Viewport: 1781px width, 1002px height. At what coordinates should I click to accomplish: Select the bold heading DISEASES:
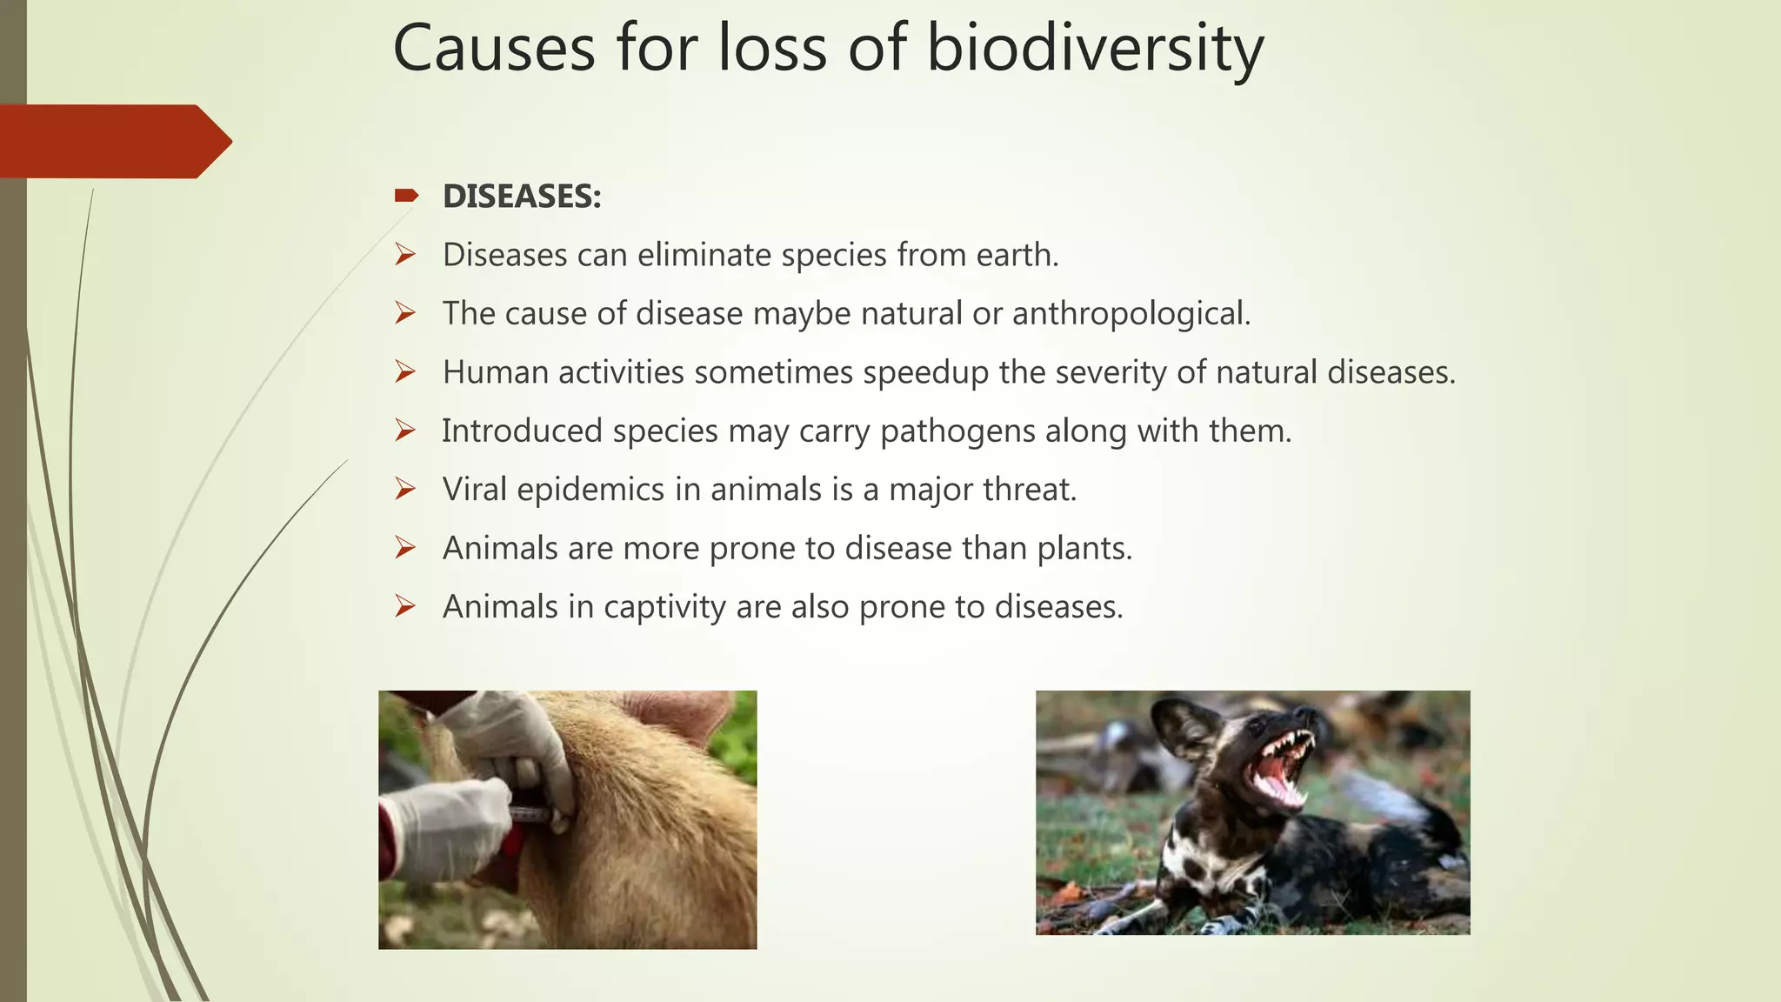coord(522,197)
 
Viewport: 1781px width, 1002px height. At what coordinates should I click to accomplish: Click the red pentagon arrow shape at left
coord(113,141)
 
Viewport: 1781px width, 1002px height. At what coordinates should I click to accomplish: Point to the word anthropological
coord(1131,314)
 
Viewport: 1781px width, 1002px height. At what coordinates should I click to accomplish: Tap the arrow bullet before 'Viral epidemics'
coord(405,489)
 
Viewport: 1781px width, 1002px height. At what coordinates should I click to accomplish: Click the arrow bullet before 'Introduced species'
coord(405,431)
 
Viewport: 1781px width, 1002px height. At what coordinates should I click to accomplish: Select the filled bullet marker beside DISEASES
coord(406,196)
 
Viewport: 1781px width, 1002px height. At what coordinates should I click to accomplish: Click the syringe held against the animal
coord(530,814)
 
